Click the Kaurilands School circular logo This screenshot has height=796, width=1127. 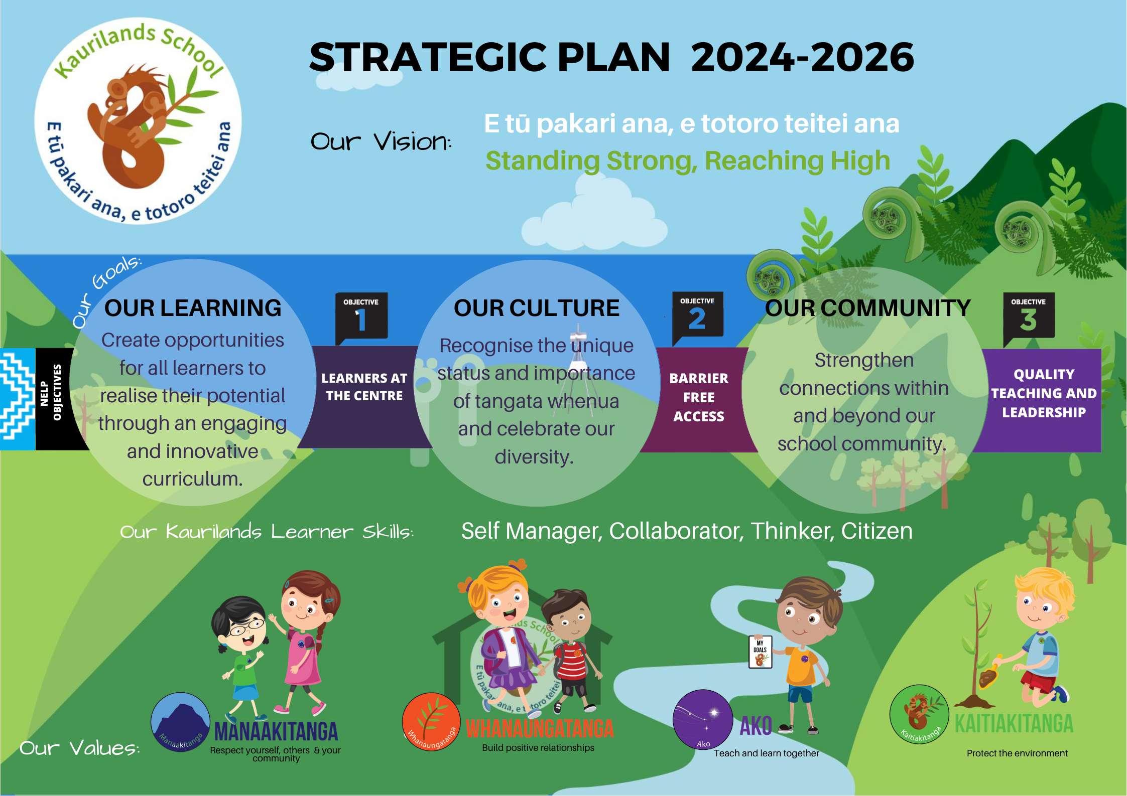[138, 121]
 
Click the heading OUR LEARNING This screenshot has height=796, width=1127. [193, 308]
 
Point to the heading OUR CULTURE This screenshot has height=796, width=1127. [536, 308]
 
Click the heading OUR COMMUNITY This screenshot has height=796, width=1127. [867, 308]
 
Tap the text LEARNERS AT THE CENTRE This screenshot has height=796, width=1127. [364, 387]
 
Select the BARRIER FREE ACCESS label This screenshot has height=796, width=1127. [698, 397]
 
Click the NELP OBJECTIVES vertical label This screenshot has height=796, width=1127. [51, 392]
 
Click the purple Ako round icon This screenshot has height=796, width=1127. [703, 719]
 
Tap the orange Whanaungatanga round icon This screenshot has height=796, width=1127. [431, 722]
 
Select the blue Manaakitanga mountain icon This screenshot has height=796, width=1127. [180, 722]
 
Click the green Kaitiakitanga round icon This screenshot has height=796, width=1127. [919, 714]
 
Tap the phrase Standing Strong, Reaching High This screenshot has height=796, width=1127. [687, 161]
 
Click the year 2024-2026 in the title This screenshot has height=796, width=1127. [802, 58]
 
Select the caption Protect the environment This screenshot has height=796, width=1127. [1017, 753]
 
